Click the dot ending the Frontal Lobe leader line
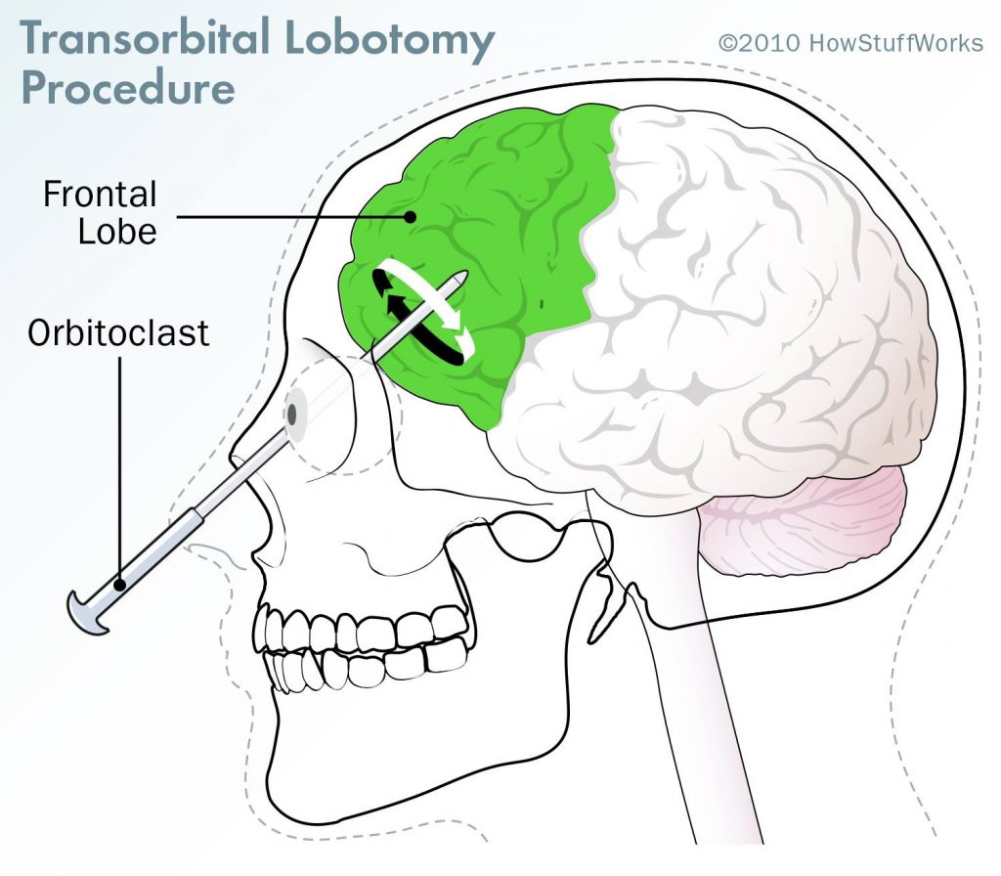pos(411,217)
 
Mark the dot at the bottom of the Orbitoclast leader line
pos(120,584)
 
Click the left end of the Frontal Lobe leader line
pos(178,217)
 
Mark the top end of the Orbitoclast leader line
pos(120,358)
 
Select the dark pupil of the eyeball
pos(291,415)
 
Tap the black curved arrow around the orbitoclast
pos(414,320)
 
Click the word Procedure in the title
pos(128,88)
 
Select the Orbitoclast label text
pos(118,332)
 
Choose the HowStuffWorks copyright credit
pos(850,43)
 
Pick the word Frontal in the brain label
pos(100,195)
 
